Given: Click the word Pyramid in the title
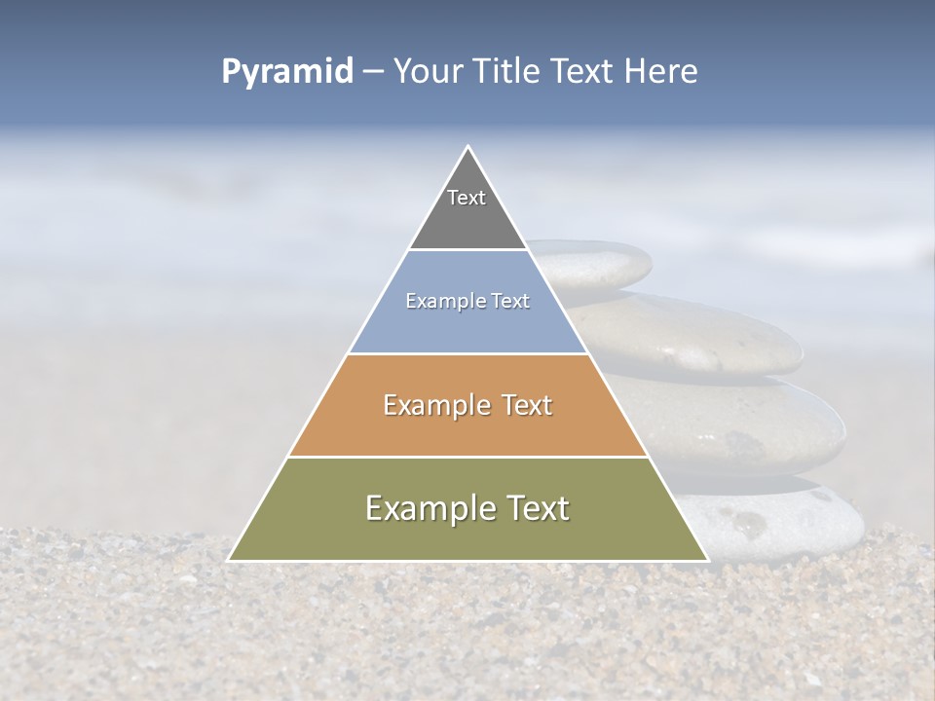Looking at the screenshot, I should coord(287,72).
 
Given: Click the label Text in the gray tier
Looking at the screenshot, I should coord(467,198).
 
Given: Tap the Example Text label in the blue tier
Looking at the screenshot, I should coord(467,301).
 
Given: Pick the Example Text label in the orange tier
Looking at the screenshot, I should coord(467,405).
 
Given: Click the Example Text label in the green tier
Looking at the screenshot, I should coord(467,508).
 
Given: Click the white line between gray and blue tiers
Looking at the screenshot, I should coord(467,250).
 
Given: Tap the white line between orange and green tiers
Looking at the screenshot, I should coord(467,457).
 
